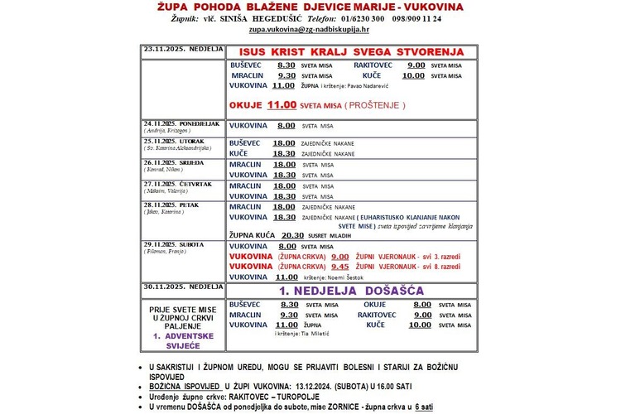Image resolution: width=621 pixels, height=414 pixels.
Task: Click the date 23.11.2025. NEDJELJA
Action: [183, 48]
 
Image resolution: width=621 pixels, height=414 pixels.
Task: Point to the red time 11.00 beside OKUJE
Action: [282, 106]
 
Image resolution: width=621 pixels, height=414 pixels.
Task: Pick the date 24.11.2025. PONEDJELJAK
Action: [181, 123]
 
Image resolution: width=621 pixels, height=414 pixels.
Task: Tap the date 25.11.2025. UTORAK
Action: [173, 141]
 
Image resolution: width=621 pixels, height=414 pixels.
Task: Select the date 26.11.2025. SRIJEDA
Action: [172, 162]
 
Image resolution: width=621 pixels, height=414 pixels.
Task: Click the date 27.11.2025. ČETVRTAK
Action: [176, 184]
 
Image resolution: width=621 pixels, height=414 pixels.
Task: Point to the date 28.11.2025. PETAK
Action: [171, 205]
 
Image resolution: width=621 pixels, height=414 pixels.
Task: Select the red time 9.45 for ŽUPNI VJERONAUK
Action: [340, 267]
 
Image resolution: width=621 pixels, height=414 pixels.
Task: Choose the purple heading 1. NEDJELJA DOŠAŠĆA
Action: [351, 291]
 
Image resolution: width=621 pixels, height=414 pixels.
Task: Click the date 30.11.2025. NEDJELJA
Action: [183, 287]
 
